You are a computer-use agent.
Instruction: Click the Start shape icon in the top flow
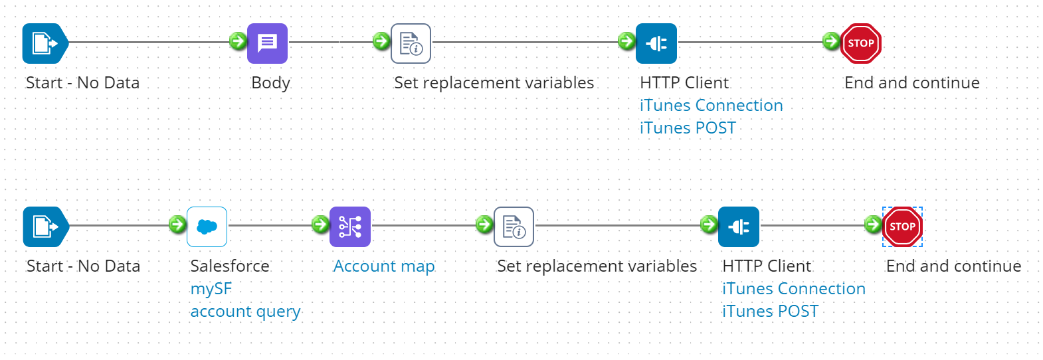[x=45, y=44]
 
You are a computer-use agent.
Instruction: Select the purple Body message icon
[x=267, y=44]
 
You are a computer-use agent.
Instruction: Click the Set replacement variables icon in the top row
[x=411, y=44]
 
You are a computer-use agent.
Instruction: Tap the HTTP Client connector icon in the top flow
[x=656, y=44]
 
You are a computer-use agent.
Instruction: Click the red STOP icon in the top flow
[x=860, y=44]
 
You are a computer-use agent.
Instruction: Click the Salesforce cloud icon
[x=207, y=227]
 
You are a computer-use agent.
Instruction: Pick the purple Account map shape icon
[x=350, y=227]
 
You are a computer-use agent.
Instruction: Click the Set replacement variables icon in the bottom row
[x=514, y=227]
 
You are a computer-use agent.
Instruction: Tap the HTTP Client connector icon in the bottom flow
[x=738, y=227]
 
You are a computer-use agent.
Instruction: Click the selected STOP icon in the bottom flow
[x=902, y=227]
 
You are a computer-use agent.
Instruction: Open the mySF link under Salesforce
[x=211, y=289]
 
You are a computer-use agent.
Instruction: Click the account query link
[x=245, y=312]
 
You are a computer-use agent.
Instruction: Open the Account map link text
[x=384, y=266]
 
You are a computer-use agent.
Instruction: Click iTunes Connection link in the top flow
[x=711, y=106]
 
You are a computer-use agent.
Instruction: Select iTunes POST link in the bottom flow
[x=770, y=312]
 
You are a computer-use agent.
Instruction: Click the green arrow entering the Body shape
[x=238, y=41]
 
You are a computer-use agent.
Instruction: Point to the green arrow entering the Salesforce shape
[x=177, y=225]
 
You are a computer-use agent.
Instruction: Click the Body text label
[x=270, y=83]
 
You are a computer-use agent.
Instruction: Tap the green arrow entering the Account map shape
[x=320, y=225]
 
